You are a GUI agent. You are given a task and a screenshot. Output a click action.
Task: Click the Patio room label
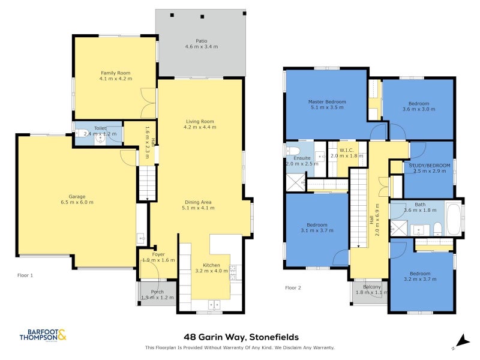point(201,41)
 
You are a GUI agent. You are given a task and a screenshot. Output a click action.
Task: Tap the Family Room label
point(115,73)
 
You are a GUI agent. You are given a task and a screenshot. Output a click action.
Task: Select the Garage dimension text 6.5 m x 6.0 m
point(77,202)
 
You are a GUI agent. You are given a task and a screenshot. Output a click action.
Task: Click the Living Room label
point(199,121)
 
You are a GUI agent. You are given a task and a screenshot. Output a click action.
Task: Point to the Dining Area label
point(198,202)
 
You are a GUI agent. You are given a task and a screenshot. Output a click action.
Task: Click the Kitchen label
point(211,265)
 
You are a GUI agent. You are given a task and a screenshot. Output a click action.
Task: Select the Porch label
point(157,292)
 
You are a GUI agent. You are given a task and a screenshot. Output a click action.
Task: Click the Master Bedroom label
point(327,101)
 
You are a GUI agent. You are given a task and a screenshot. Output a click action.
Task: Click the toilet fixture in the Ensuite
point(293,151)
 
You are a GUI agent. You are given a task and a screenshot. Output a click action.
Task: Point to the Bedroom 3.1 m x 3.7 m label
point(317,225)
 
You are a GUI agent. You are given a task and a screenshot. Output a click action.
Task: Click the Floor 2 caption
point(293,288)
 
